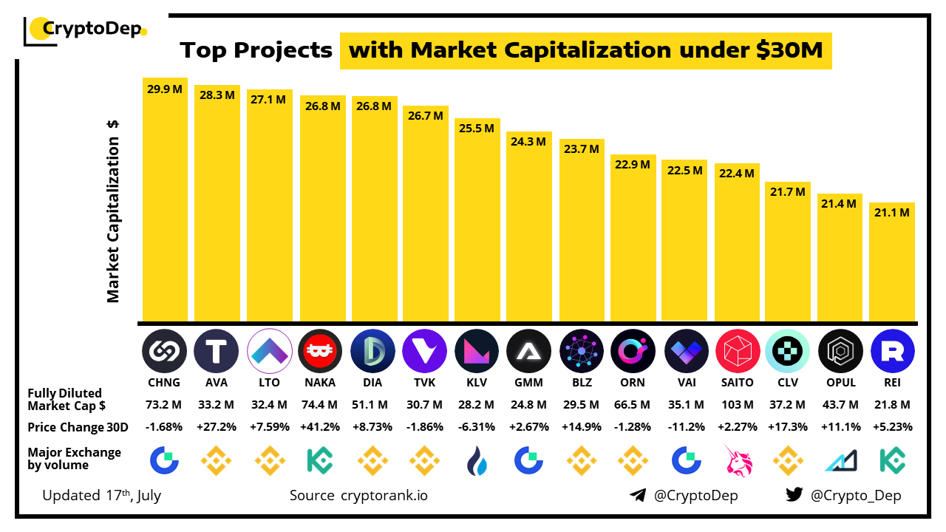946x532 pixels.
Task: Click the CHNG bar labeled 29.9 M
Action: [165, 199]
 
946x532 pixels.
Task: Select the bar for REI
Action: [892, 262]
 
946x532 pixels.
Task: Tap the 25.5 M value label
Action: [476, 128]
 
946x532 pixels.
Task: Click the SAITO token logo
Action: [738, 350]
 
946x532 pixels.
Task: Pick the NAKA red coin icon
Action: [320, 350]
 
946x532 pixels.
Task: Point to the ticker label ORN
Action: [633, 383]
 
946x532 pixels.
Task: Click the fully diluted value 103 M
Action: [738, 405]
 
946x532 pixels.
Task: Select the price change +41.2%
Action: [320, 427]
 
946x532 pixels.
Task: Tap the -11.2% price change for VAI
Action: [684, 427]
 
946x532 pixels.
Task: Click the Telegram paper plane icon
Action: [638, 495]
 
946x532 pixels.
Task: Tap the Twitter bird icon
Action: [794, 495]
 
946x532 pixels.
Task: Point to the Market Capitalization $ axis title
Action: [113, 211]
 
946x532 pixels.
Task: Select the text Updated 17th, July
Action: [101, 495]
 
